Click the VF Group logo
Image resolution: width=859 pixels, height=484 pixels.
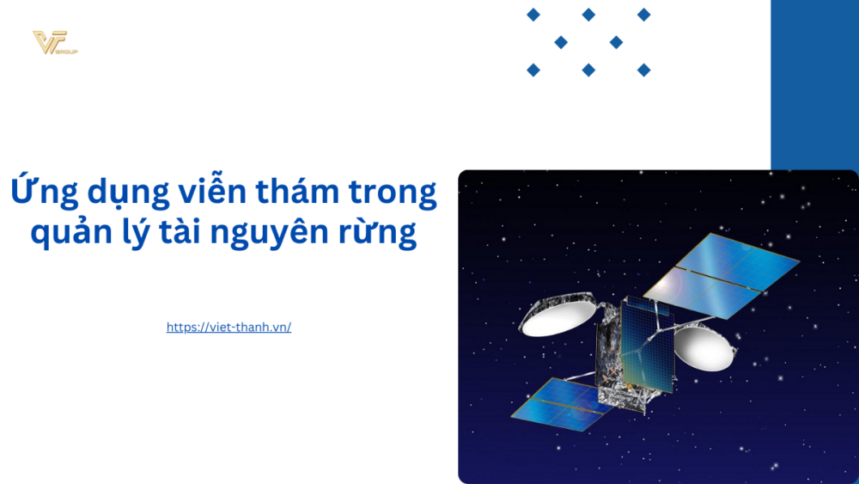click(x=54, y=42)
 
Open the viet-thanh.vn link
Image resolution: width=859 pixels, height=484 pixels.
click(x=228, y=328)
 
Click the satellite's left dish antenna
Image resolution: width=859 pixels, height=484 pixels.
click(x=556, y=316)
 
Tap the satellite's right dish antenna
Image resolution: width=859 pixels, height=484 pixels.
click(x=704, y=346)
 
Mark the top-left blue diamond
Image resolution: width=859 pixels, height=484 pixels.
click(x=533, y=15)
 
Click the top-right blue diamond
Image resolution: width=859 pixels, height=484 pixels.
click(x=643, y=15)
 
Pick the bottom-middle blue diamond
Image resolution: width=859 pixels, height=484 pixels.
click(x=588, y=70)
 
